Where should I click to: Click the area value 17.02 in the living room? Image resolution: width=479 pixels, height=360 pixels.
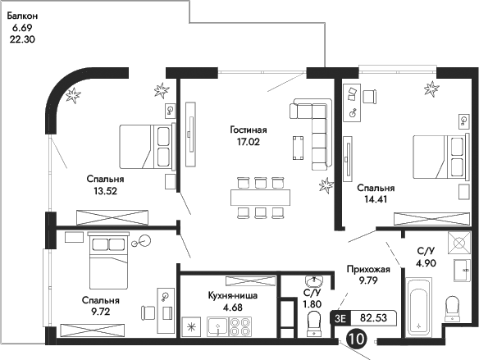pyautogui.click(x=247, y=141)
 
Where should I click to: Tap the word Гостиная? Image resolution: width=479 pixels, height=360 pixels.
pyautogui.click(x=247, y=129)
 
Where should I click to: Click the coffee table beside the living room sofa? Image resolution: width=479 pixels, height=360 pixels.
pyautogui.click(x=298, y=146)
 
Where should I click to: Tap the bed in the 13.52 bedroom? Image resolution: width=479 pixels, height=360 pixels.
pyautogui.click(x=146, y=146)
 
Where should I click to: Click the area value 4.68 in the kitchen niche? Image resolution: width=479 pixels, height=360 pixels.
pyautogui.click(x=212, y=308)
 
